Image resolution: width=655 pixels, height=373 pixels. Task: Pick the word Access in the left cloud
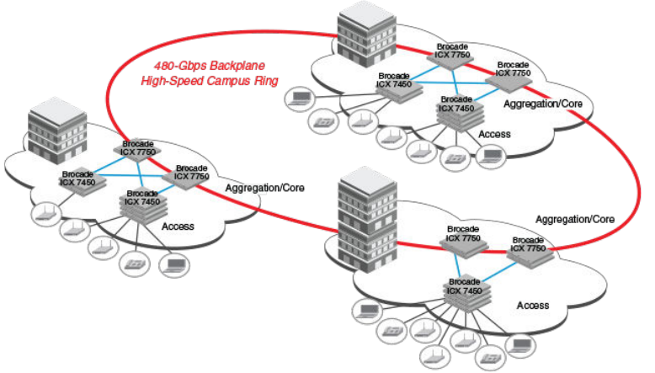(177, 226)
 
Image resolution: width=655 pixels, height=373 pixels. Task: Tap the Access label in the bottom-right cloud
(532, 305)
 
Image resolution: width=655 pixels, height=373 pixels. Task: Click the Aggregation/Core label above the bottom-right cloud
(575, 218)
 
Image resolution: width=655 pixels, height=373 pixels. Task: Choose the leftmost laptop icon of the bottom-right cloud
(368, 311)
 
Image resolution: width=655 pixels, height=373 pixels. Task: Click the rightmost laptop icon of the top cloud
(490, 155)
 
